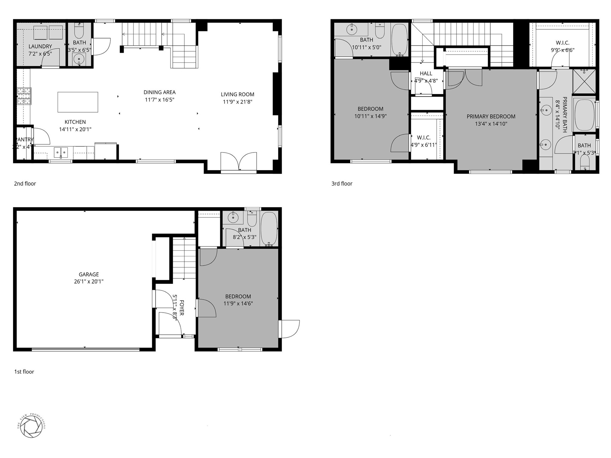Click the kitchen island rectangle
pos(78,102)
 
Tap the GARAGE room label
pos(89,274)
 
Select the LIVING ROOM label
pos(237,94)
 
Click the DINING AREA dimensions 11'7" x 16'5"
pos(159,100)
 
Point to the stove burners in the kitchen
pos(24,96)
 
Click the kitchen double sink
pos(61,152)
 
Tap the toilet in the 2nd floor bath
pos(79,31)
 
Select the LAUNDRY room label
pos(40,46)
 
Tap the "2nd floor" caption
pos(25,183)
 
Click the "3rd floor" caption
pos(342,183)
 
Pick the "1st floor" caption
pos(24,371)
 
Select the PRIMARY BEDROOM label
pos(491,116)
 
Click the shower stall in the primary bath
pos(584,81)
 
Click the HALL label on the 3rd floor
pos(426,73)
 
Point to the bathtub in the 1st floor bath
pos(269,229)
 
